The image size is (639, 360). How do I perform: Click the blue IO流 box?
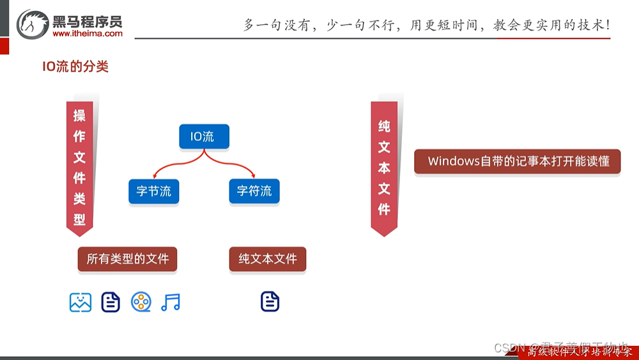[x=204, y=136]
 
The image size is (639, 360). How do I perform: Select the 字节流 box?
[x=153, y=191]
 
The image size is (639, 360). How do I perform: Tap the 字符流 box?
[x=254, y=191]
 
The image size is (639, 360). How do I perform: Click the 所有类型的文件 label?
[x=127, y=259]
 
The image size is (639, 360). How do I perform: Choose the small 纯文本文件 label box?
[x=268, y=259]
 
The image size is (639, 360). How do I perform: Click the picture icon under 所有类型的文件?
[x=81, y=302]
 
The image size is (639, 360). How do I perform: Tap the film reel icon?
[x=141, y=302]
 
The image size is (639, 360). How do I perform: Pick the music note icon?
[x=171, y=302]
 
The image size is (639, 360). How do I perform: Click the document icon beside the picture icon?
[x=111, y=302]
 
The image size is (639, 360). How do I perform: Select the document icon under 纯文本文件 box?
[x=270, y=302]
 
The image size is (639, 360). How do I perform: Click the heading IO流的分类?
[x=75, y=67]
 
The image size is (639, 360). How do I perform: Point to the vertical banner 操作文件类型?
[x=79, y=168]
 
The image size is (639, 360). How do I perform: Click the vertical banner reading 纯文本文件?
[x=384, y=168]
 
